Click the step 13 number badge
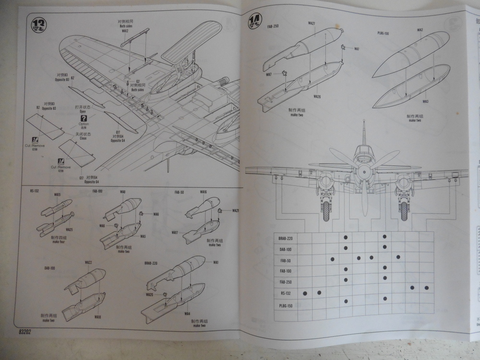[x=38, y=23]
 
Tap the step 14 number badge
[x=254, y=21]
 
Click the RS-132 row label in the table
[x=287, y=293]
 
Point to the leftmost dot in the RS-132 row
[x=305, y=293]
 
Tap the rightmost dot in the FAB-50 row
[x=398, y=258]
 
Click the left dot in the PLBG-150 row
[x=346, y=301]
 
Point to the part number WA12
[x=125, y=31]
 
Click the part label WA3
[x=425, y=102]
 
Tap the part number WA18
[x=97, y=317]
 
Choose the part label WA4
[x=187, y=314]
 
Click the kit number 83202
[x=28, y=331]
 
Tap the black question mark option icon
[x=84, y=118]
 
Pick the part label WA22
[x=88, y=263]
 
